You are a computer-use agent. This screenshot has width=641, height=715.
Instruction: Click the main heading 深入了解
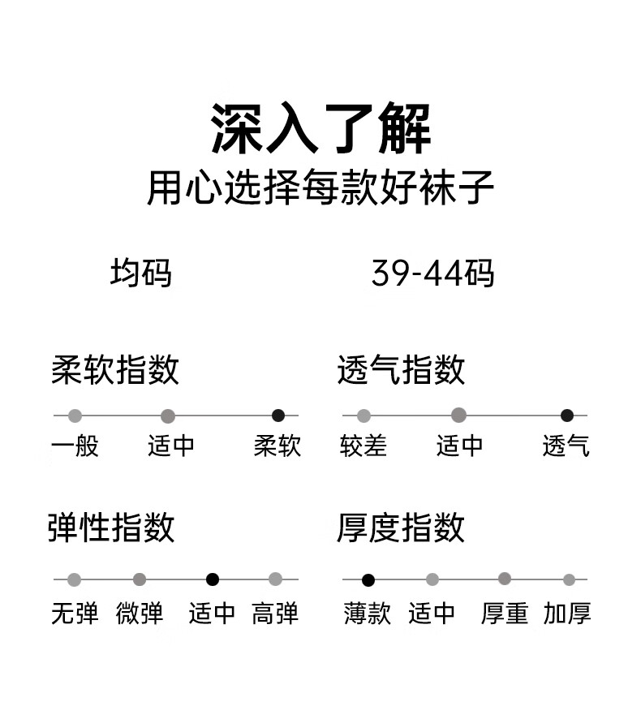tap(320, 128)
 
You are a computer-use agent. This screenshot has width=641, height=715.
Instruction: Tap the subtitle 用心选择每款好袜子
tap(320, 187)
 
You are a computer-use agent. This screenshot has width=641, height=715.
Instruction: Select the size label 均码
tap(141, 274)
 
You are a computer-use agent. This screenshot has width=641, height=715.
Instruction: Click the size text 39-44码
tap(432, 274)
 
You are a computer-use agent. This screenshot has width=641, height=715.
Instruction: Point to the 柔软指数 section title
tap(115, 369)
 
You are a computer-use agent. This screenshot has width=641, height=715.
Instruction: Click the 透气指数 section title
tap(401, 369)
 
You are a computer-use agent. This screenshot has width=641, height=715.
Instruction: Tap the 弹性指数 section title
tap(111, 528)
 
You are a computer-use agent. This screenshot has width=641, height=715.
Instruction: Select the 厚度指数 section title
tap(401, 528)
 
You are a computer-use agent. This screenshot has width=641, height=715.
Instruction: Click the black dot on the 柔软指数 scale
tap(278, 416)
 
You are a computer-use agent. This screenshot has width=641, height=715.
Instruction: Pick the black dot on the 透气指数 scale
tap(567, 416)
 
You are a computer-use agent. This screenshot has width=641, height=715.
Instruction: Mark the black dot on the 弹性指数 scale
tap(213, 579)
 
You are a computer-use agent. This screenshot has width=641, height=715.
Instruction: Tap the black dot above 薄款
tap(368, 580)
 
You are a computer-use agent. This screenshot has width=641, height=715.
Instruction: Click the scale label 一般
tap(75, 446)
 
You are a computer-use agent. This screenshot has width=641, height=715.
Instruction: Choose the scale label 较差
tap(364, 446)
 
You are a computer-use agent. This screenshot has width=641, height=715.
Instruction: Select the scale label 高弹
tap(275, 613)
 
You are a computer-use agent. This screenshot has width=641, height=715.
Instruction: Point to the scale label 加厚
tap(567, 613)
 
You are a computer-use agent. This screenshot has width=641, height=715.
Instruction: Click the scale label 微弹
tap(140, 613)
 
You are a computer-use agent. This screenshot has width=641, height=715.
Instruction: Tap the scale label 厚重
tap(505, 613)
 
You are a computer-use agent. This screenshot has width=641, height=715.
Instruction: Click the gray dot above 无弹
tap(74, 579)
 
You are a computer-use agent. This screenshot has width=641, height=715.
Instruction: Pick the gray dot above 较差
tap(364, 416)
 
